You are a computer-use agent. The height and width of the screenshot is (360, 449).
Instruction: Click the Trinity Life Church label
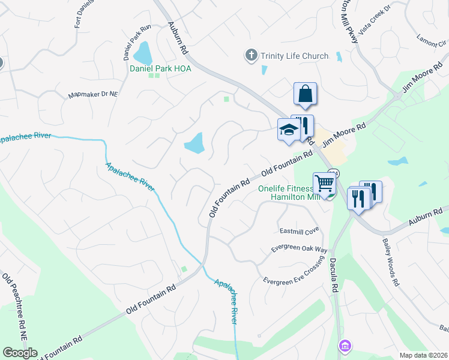(294, 56)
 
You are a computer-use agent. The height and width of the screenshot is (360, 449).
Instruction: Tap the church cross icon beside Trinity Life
(251, 56)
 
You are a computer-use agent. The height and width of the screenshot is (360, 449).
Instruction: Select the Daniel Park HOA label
(160, 68)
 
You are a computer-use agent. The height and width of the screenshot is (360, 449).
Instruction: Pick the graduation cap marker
(288, 130)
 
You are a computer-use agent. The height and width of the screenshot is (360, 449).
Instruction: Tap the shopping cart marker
(324, 182)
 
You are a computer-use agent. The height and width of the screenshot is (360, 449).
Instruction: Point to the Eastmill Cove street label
(299, 231)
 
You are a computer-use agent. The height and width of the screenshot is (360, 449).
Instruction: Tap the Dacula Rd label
(333, 275)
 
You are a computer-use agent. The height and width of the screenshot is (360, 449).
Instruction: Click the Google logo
(20, 353)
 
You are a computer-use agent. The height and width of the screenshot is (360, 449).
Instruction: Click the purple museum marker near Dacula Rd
(344, 346)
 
